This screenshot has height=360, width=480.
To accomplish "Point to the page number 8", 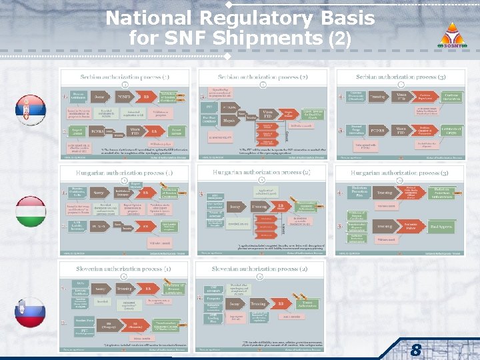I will pyautogui.click(x=415, y=349).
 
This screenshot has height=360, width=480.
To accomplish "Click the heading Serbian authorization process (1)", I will pyautogui.click(x=125, y=77).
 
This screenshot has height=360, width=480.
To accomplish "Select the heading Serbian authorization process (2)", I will pyautogui.click(x=263, y=77).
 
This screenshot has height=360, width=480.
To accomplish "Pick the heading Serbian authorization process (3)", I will pyautogui.click(x=400, y=77).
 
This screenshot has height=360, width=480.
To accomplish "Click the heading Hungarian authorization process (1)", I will pyautogui.click(x=125, y=173).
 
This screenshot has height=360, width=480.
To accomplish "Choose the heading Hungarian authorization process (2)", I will pyautogui.click(x=263, y=173).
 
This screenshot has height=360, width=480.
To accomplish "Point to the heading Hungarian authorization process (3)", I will pyautogui.click(x=400, y=173).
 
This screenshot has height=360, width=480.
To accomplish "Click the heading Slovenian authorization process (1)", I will pyautogui.click(x=125, y=269).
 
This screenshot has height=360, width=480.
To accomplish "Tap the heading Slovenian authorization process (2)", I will pyautogui.click(x=263, y=269).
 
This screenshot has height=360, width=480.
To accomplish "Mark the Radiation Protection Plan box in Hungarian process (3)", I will pyautogui.click(x=361, y=191).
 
